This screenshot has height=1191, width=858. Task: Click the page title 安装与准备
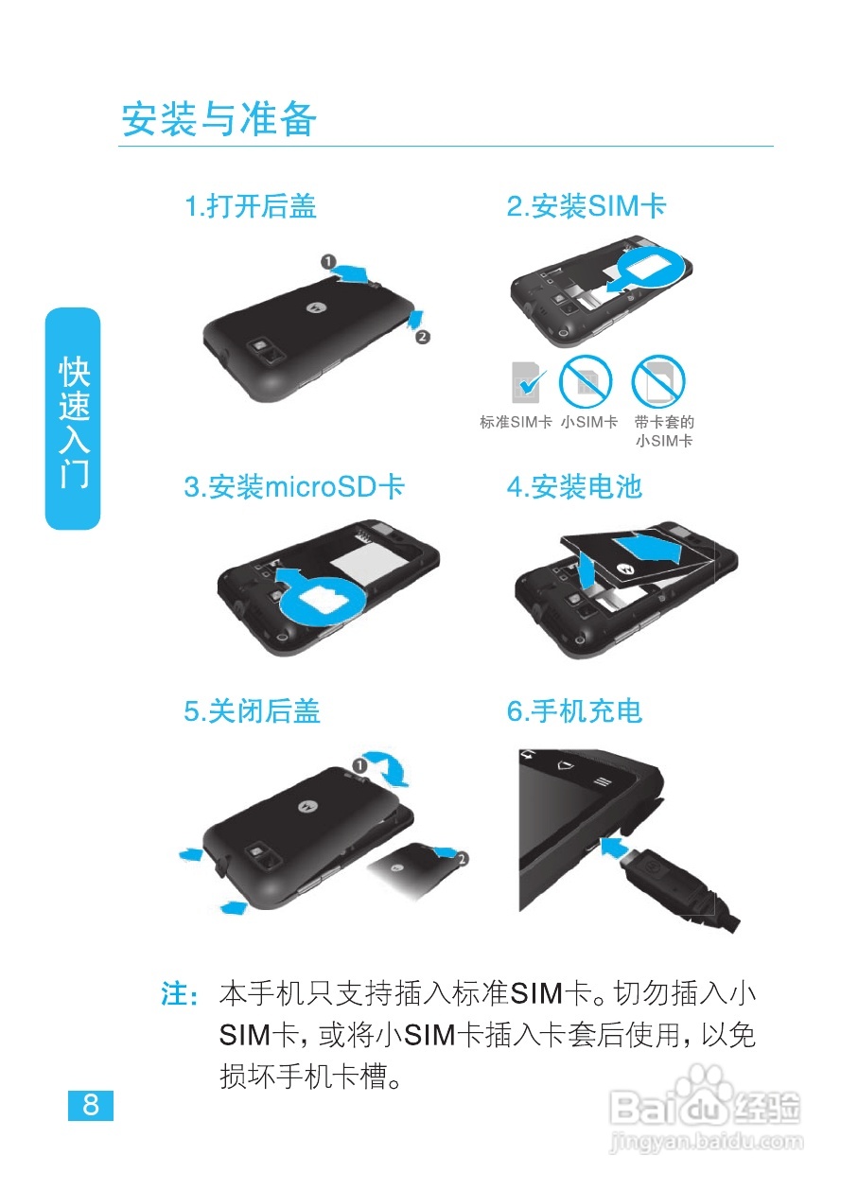point(219,120)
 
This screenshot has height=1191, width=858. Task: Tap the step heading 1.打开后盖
point(250,206)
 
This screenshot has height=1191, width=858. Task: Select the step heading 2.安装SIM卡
point(587,206)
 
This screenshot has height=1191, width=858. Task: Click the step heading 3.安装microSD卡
point(294,487)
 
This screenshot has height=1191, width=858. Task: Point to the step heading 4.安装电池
point(574,487)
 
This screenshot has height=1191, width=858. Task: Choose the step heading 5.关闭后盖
point(252,711)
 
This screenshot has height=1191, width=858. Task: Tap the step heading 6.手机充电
point(574,711)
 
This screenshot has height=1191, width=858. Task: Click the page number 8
point(91,1105)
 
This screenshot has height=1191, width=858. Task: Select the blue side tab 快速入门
point(73,419)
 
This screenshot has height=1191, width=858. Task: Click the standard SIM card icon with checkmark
point(528,382)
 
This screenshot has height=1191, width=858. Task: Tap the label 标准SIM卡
point(516,423)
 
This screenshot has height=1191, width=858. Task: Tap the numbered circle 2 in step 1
point(423,336)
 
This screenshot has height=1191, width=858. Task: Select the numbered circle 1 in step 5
point(360,764)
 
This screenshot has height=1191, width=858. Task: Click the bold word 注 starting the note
point(176,995)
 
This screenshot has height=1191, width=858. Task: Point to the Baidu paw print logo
point(706,1088)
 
